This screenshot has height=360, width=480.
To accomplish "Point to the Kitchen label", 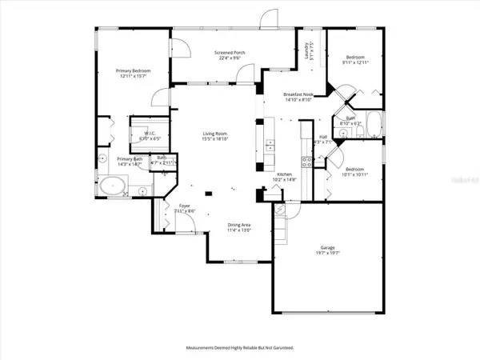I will [286, 174].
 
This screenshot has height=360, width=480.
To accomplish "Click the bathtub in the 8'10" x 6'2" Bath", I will [374, 126].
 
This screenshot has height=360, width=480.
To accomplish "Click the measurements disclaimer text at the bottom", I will [240, 348].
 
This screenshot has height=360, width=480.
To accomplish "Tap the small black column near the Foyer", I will [207, 192].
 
